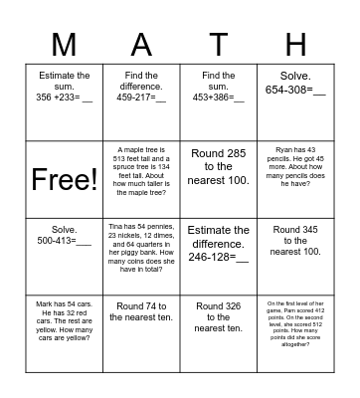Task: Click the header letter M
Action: click(x=63, y=46)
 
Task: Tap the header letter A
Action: click(x=141, y=46)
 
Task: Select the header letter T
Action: click(x=219, y=46)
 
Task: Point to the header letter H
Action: click(x=296, y=46)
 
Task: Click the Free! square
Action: click(x=65, y=178)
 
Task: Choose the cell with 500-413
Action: click(x=65, y=256)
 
